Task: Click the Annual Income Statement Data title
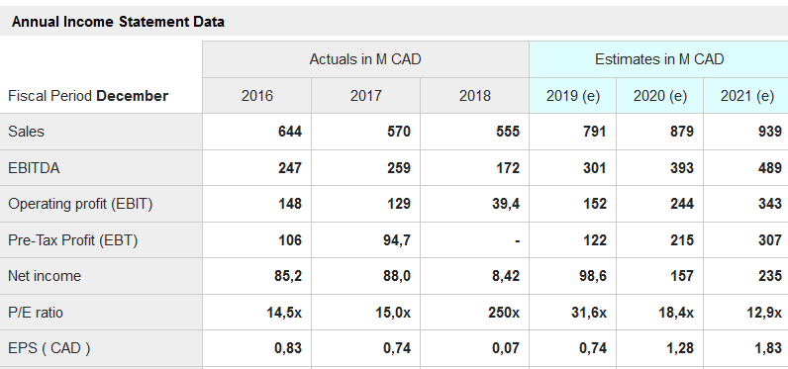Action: pos(118,22)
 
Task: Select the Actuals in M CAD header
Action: pos(365,59)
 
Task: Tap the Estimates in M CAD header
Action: pos(659,59)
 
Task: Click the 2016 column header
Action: pos(257,95)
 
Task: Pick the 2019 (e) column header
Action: pos(573,95)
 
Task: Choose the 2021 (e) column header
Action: pos(746,95)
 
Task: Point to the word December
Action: pos(133,95)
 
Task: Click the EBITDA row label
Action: pos(34,167)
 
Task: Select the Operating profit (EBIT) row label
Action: pos(80,204)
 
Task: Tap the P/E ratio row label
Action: pos(36,313)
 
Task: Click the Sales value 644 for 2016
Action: pos(290,132)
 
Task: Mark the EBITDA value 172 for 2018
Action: pos(508,167)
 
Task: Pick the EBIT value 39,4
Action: pos(506,204)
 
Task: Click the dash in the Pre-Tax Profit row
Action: pos(517,241)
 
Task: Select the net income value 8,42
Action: pos(506,276)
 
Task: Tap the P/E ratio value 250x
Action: pos(504,313)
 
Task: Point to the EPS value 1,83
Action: pos(768,348)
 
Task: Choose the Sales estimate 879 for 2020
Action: pos(681,132)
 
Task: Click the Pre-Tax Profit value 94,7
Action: pos(397,240)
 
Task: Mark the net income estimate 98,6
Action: pos(592,276)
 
